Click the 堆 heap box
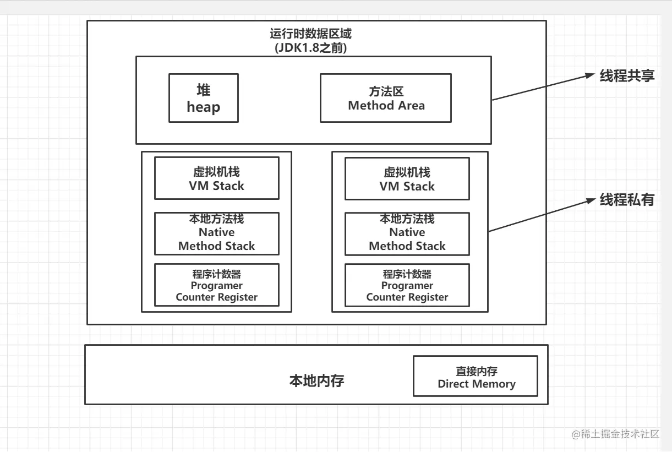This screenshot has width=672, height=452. coord(203,98)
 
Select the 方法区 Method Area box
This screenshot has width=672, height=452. coord(386,98)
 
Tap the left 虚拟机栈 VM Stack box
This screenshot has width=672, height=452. coord(216,178)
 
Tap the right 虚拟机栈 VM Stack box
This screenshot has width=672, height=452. coord(407,179)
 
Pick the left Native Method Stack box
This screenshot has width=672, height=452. coord(216,233)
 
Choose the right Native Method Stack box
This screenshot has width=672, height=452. coord(407,233)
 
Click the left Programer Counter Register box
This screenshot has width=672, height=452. coord(216,285)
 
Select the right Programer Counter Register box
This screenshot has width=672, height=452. coord(407,285)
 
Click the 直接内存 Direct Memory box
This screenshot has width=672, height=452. coord(476,376)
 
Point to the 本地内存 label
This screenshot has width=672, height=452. coord(316,381)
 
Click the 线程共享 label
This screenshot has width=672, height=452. coord(627,76)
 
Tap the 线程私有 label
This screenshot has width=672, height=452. coord(627,200)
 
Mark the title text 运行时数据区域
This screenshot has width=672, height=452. coord(310,34)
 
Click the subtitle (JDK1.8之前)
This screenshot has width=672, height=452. coord(310,48)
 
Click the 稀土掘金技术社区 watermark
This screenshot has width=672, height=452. coord(615,434)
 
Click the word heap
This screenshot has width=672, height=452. coord(203,107)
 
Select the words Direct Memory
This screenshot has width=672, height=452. coord(477,384)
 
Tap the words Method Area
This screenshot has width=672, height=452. coord(386,106)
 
